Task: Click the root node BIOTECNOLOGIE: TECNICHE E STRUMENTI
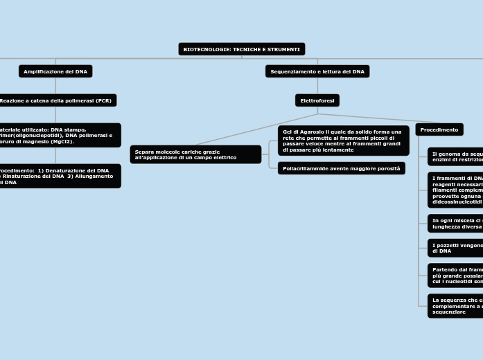tap(242, 49)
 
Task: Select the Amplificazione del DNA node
tap(55, 71)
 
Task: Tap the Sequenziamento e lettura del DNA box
tap(317, 71)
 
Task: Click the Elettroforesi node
tap(317, 100)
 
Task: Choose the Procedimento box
tap(439, 129)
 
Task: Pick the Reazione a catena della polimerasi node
tap(57, 100)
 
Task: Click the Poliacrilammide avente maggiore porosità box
tap(342, 168)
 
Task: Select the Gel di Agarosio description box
tap(343, 141)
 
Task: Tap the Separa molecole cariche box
tap(195, 154)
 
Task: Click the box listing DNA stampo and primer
tap(59, 135)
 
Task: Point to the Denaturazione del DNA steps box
tap(59, 176)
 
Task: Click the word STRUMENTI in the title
tap(283, 49)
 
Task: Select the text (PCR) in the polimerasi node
tap(104, 100)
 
